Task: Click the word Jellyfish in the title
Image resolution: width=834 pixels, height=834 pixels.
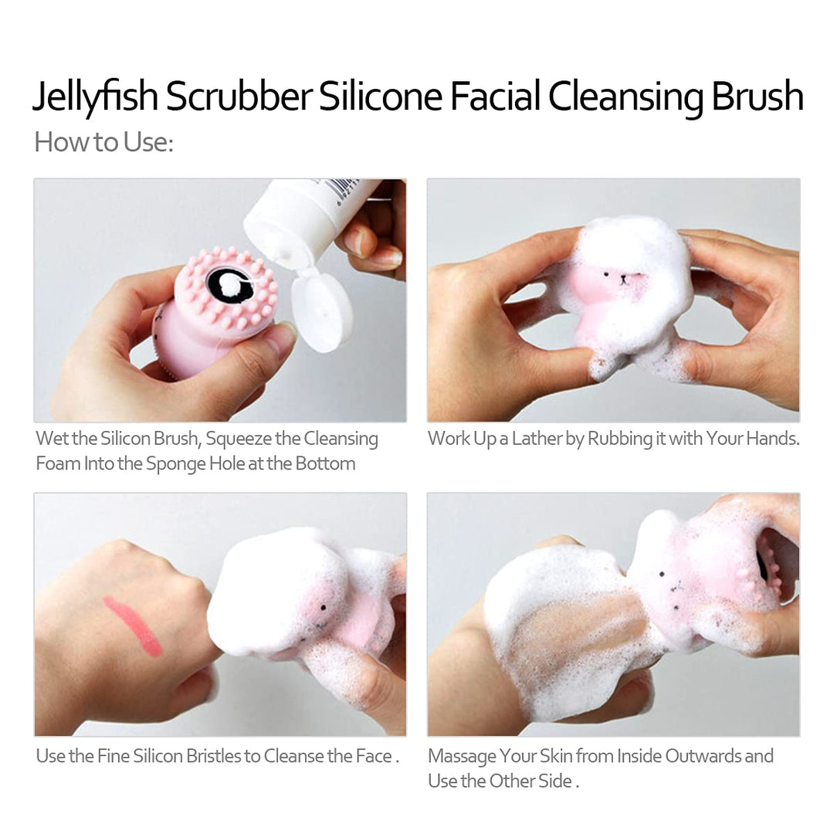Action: [x=94, y=98]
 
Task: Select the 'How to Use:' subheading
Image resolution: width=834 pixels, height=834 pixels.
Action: [x=103, y=142]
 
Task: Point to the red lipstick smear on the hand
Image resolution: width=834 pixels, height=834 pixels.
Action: [x=133, y=625]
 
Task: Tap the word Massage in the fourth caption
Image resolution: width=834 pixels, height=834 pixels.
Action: [x=461, y=755]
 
